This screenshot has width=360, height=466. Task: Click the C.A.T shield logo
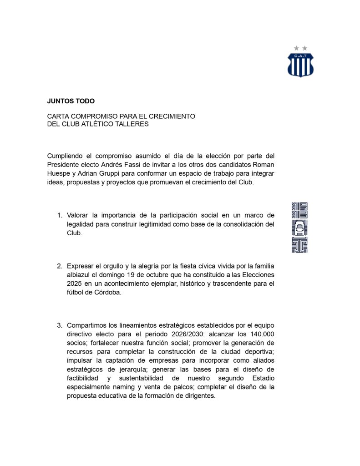tap(300, 64)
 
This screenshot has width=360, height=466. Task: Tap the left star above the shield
tap(296, 48)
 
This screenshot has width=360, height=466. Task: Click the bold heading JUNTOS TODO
tap(71, 101)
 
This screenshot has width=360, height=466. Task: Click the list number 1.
tap(60, 215)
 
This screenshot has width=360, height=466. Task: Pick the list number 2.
tap(60, 266)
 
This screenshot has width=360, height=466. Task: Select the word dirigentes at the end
tap(196, 395)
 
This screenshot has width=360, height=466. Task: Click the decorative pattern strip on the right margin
tap(299, 227)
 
